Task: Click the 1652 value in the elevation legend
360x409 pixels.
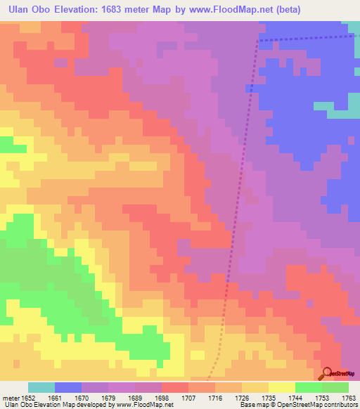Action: (x=27, y=397)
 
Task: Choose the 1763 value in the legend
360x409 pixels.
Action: (x=349, y=397)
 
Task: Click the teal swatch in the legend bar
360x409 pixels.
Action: (x=41, y=387)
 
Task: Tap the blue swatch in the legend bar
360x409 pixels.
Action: (x=67, y=387)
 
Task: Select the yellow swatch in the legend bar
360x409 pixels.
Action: (x=281, y=387)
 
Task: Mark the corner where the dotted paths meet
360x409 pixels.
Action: (x=258, y=41)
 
